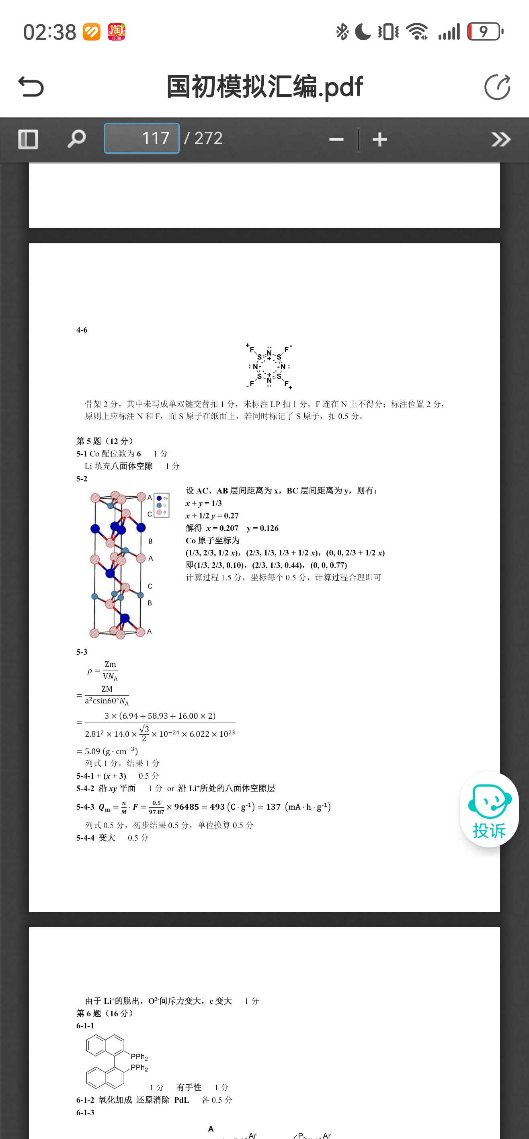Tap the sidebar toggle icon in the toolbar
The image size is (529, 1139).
coord(28,139)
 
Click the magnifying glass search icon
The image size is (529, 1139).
coord(76,139)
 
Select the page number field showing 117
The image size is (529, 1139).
coord(141,138)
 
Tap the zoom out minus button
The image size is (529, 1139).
coord(336,140)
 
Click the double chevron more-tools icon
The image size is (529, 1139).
coord(501,140)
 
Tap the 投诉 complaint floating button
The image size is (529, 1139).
coord(489,810)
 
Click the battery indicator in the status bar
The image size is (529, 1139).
coord(485,32)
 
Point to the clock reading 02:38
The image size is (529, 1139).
coord(49,32)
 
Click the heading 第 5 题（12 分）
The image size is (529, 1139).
coord(105,441)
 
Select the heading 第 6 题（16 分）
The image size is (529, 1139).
coord(105,1013)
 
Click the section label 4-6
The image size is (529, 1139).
coord(82,330)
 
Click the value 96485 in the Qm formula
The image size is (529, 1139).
coord(187,807)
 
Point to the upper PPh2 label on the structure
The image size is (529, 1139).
coord(139,1056)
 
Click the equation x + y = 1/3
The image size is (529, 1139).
coord(203,503)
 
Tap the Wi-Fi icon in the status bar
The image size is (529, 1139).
coord(417,32)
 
